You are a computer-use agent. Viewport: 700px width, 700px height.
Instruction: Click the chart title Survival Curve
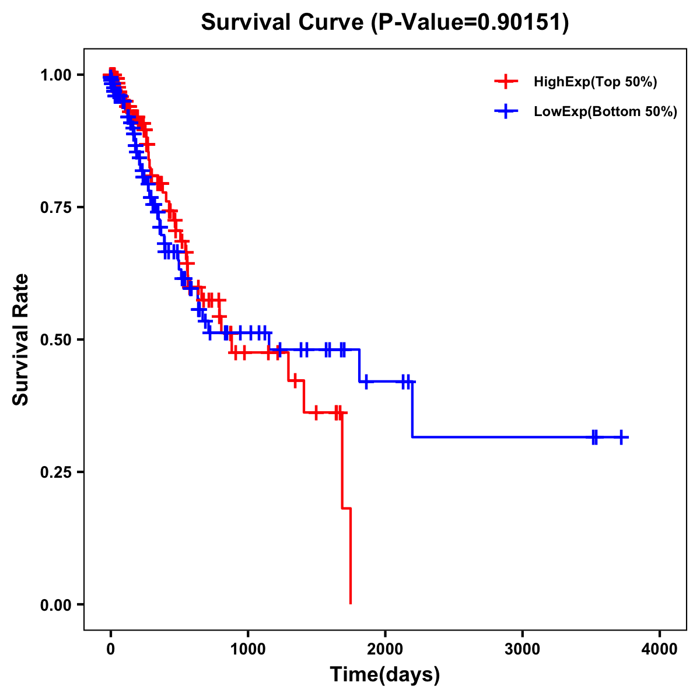284,23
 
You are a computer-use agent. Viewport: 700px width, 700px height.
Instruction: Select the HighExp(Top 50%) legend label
595,82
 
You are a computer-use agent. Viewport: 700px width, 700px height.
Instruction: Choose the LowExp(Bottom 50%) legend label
605,112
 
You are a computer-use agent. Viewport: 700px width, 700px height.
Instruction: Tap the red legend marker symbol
506,82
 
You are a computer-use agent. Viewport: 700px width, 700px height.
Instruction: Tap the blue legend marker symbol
506,111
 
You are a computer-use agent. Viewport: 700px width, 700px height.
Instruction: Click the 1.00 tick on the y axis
55,75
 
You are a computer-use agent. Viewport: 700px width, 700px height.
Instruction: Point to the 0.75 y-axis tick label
55,208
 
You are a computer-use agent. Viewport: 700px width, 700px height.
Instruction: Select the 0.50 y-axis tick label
55,340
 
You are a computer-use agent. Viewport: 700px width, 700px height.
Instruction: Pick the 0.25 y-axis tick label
55,473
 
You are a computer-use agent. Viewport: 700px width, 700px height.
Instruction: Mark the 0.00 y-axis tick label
55,605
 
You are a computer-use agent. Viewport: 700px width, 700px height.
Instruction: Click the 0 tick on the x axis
110,649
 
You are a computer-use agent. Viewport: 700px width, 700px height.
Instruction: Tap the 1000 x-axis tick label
248,649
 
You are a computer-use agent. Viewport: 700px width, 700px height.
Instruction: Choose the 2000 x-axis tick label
385,649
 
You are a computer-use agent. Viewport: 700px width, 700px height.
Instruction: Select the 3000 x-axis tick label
522,649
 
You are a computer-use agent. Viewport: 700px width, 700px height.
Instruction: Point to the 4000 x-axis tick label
660,649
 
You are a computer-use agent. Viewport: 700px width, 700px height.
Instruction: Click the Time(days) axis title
385,675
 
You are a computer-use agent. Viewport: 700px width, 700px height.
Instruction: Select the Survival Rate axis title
22,339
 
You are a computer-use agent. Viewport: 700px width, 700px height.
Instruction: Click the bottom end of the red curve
350,603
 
